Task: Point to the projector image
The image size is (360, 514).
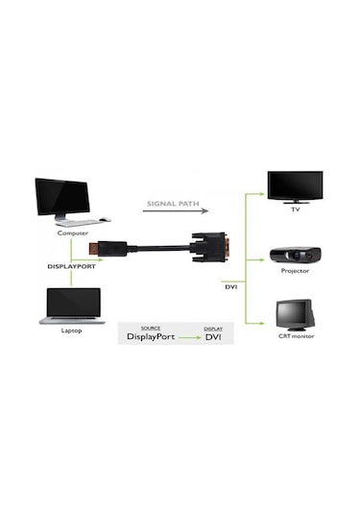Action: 295,255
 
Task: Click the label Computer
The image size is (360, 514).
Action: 73,233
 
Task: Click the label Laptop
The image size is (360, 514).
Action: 73,330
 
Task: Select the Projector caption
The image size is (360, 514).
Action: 295,271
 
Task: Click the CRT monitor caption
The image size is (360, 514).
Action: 296,335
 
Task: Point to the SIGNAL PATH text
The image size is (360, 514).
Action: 173,204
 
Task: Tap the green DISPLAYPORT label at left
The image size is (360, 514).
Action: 73,265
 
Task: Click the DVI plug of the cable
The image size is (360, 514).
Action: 207,248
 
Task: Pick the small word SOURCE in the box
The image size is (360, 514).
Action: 150,328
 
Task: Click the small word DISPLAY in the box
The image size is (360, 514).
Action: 213,328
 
